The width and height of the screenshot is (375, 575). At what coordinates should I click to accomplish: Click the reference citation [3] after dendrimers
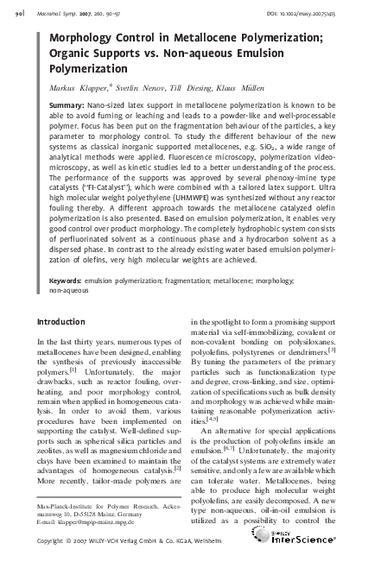(344, 374)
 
